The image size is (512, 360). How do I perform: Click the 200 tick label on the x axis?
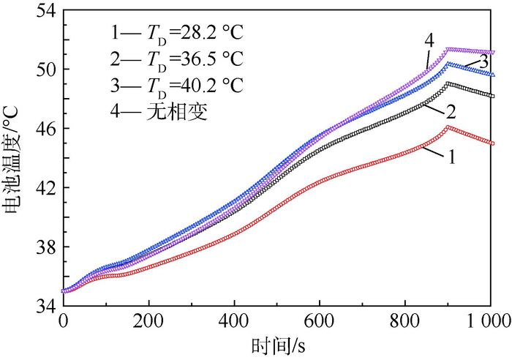click(x=149, y=321)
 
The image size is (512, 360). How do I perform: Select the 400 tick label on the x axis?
click(x=234, y=321)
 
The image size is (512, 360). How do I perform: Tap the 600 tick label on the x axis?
click(x=320, y=321)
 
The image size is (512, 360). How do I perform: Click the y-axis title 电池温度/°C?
click(x=14, y=158)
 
